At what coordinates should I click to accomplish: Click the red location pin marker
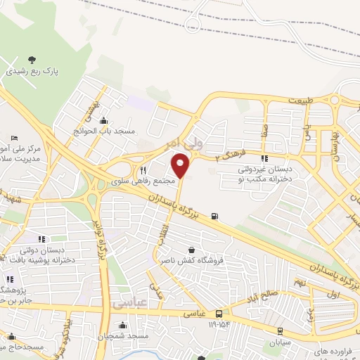pos(181,166)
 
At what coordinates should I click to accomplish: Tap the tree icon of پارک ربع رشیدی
pos(31,60)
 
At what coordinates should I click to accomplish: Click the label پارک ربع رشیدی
pos(31,71)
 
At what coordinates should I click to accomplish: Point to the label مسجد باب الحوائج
pos(105,131)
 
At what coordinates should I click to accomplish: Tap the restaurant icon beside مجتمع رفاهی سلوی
pos(143,170)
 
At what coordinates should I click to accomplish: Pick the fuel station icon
pos(213,216)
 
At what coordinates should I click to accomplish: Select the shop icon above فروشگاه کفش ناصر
pos(192,249)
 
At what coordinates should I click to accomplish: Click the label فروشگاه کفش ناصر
pos(192,259)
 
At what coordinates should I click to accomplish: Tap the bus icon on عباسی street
pos(219,314)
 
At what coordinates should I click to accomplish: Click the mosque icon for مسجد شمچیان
pos(123,326)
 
